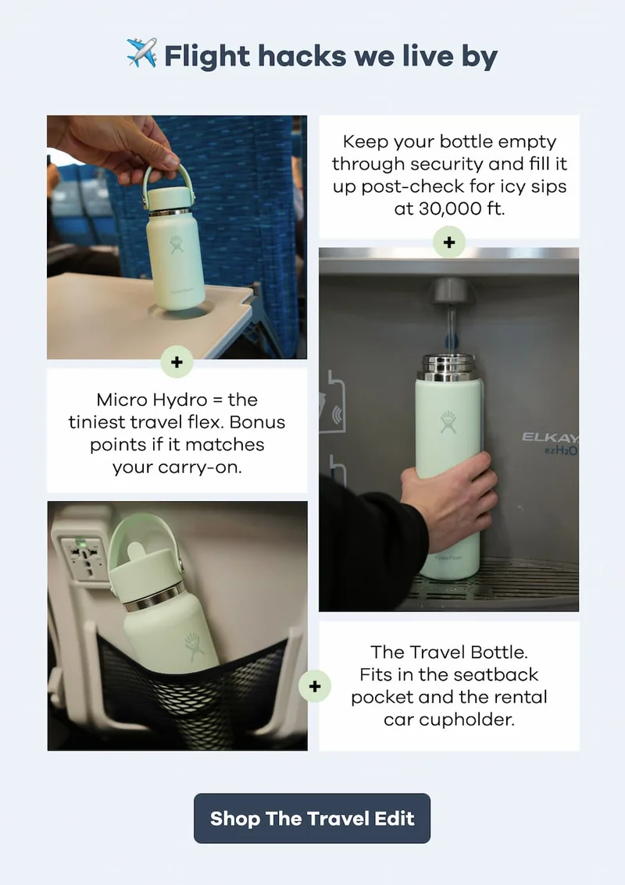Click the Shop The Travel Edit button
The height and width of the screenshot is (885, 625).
pyautogui.click(x=312, y=819)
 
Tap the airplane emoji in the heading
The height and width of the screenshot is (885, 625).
pyautogui.click(x=141, y=55)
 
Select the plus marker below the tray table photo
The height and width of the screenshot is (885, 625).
pyautogui.click(x=177, y=362)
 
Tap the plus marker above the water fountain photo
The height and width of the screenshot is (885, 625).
pyautogui.click(x=448, y=243)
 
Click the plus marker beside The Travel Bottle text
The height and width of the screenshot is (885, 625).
pyautogui.click(x=315, y=687)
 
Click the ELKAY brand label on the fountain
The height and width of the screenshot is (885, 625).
pyautogui.click(x=550, y=438)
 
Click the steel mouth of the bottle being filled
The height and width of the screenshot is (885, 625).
pyautogui.click(x=448, y=364)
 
